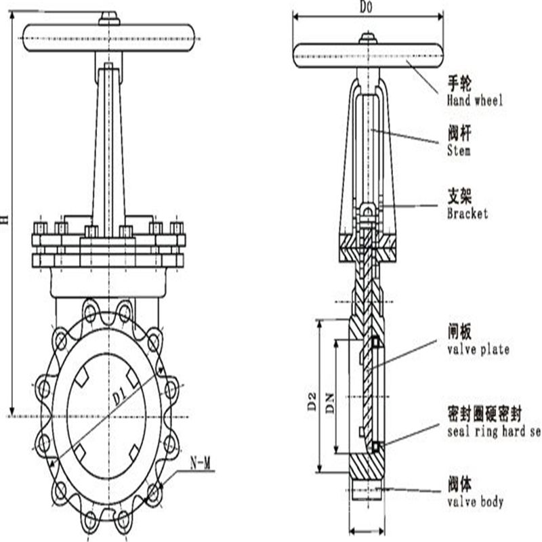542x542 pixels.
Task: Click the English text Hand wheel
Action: pos(474,100)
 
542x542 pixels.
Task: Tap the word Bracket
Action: pos(467,213)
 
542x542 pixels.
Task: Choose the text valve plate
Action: pos(478,350)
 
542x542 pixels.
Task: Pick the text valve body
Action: pos(475,502)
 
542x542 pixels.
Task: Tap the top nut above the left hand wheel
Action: pos(108,18)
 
